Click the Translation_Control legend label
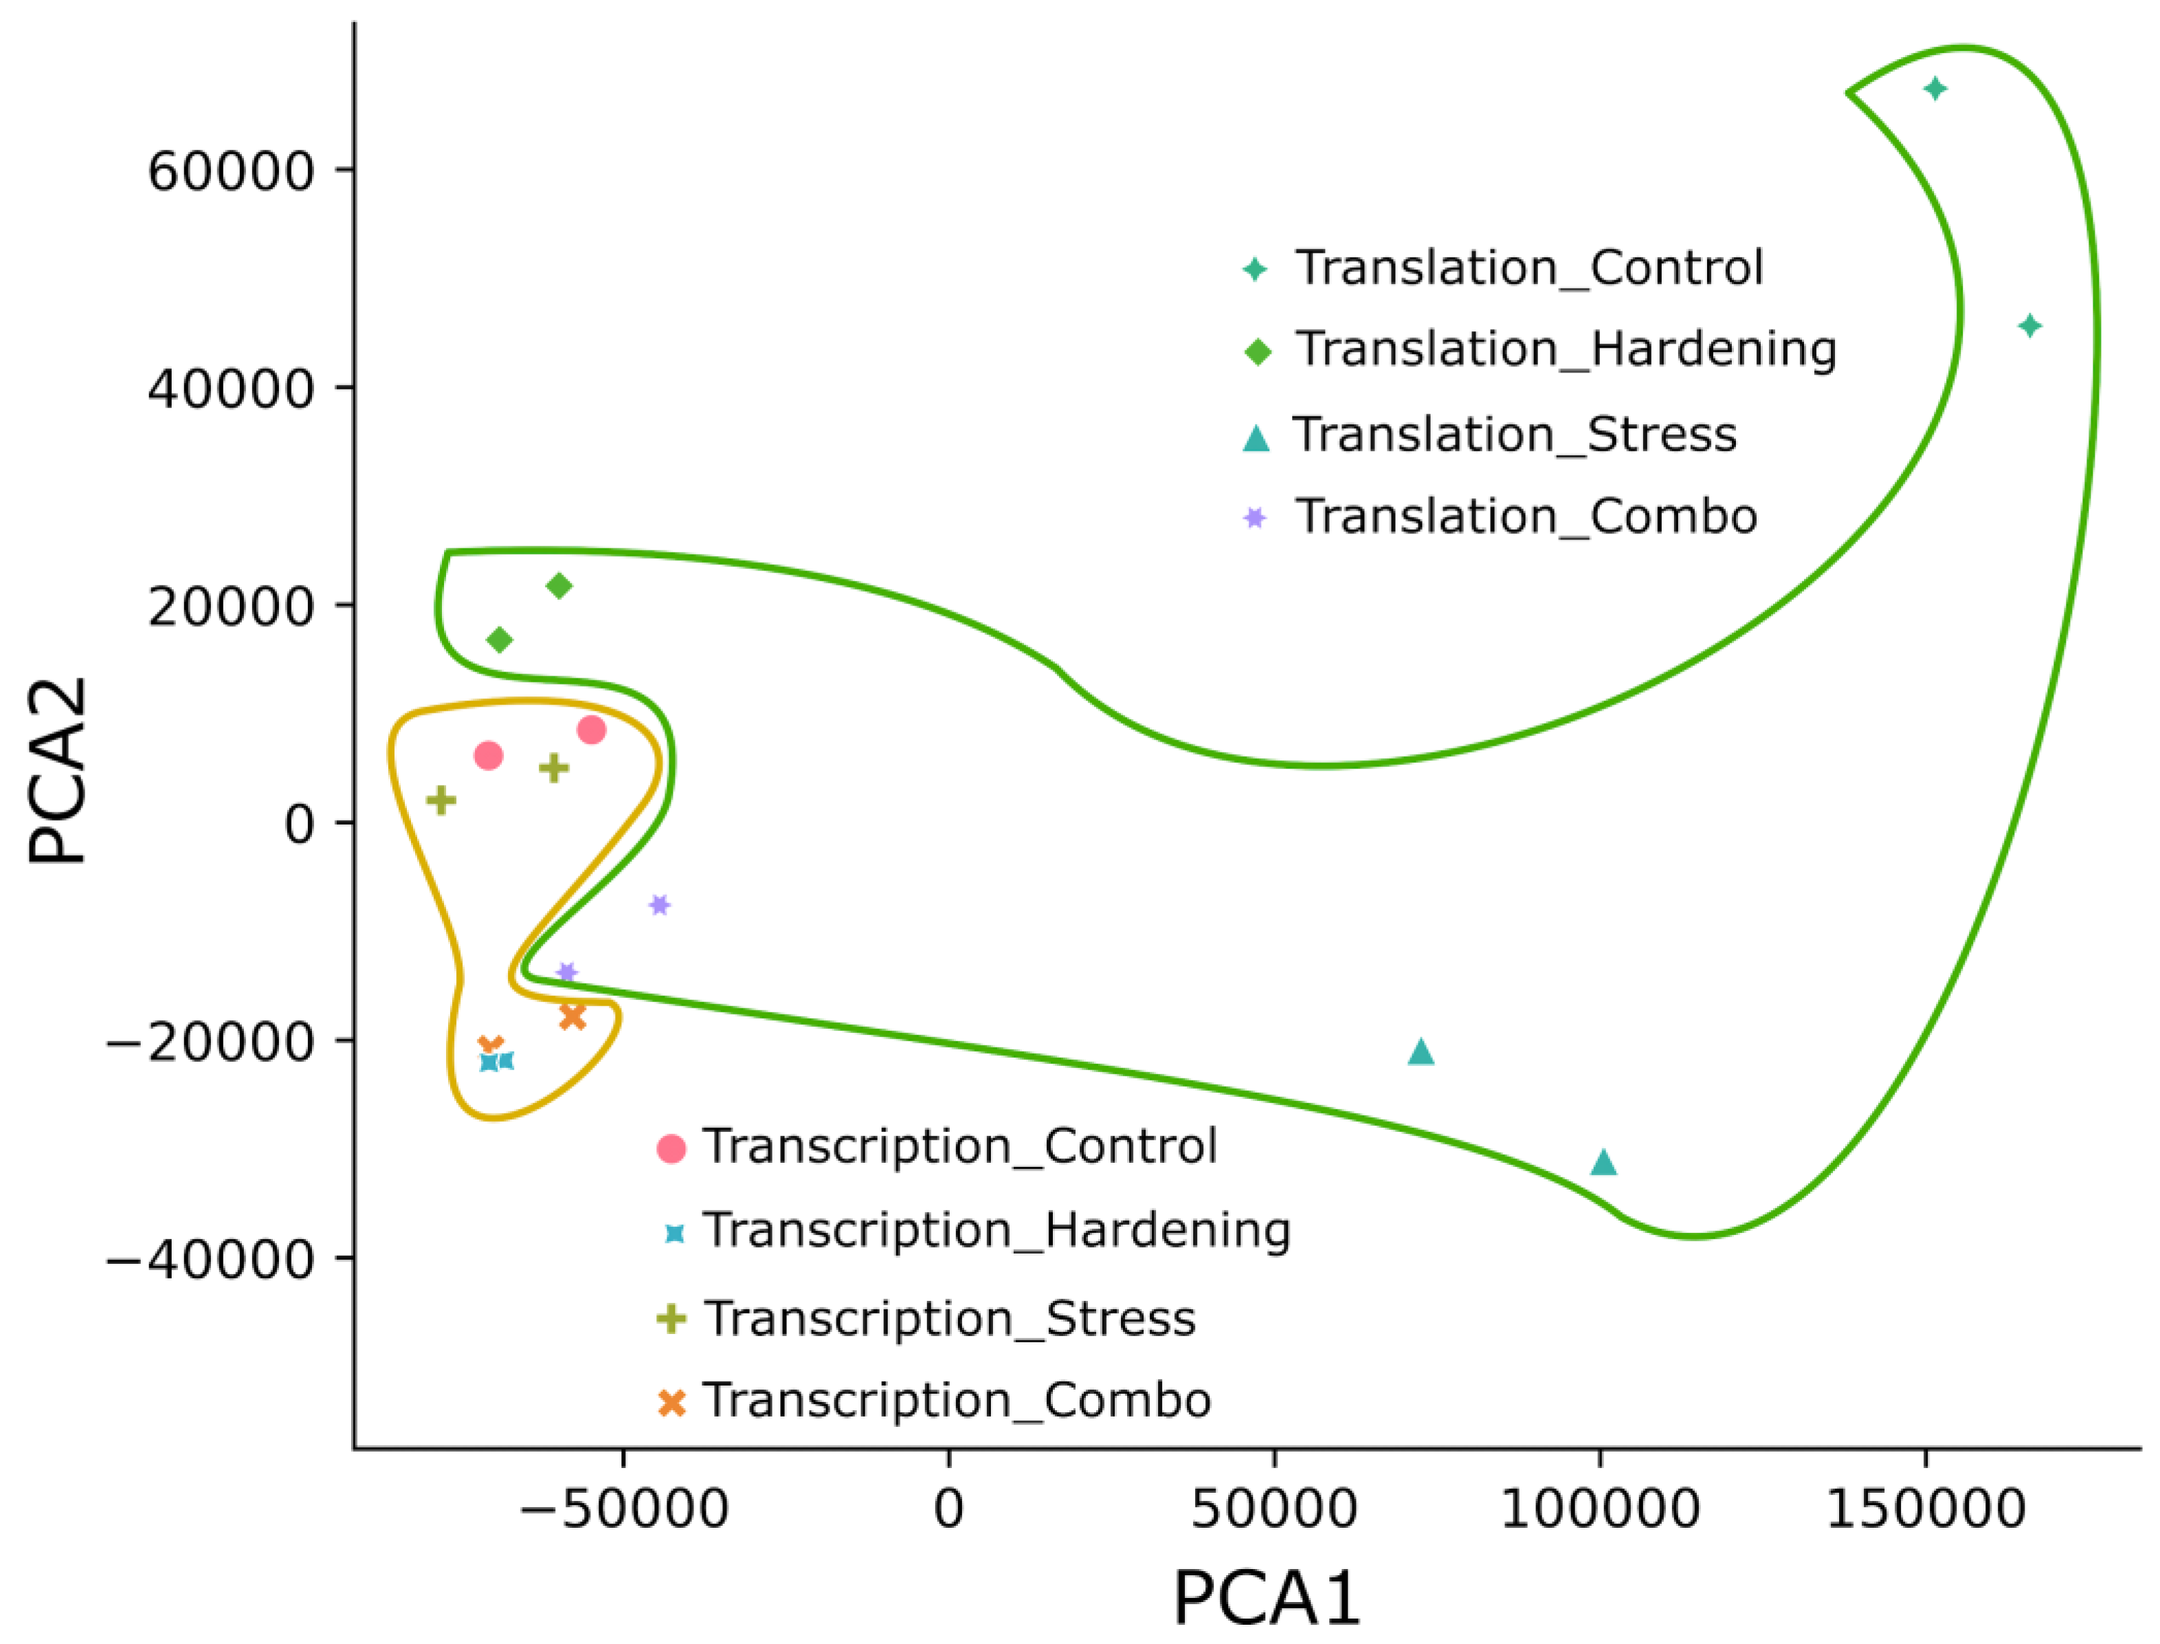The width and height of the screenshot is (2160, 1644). pyautogui.click(x=1529, y=267)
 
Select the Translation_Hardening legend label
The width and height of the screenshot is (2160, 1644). pyautogui.click(x=1566, y=348)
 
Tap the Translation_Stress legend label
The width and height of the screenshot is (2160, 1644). pyautogui.click(x=1515, y=434)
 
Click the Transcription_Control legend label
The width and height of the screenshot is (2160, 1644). pyautogui.click(x=959, y=1146)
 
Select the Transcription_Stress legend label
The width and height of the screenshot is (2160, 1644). pyautogui.click(x=949, y=1318)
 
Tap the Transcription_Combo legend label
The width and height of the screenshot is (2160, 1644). pyautogui.click(x=957, y=1399)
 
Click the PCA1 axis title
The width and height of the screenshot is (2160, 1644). pyautogui.click(x=1266, y=1599)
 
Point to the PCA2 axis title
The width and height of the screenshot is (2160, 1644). pyautogui.click(x=57, y=771)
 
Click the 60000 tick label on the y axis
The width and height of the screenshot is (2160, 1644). pyautogui.click(x=231, y=171)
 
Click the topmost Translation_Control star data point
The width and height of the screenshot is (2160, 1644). pyautogui.click(x=1934, y=89)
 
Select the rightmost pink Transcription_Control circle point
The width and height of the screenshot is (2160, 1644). pyautogui.click(x=591, y=730)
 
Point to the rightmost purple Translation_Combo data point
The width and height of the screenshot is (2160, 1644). pyautogui.click(x=659, y=905)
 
